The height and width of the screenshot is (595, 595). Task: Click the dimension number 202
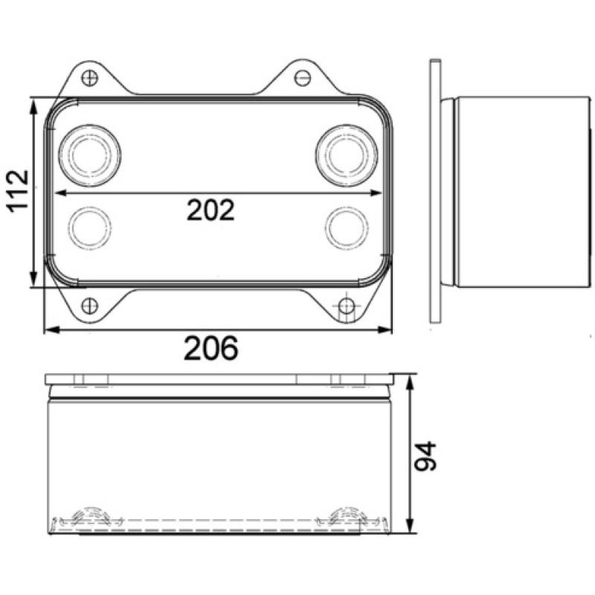[210, 210]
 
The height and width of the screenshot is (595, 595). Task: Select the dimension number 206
[212, 347]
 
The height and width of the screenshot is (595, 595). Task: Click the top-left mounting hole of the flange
[91, 76]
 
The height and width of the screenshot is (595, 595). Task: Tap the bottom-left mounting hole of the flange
[89, 305]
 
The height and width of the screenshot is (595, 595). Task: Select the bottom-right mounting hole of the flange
[347, 306]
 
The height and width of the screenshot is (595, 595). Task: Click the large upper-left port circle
[90, 155]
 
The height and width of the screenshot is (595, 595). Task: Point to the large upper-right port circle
[346, 155]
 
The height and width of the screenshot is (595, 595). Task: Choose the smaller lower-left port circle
[90, 225]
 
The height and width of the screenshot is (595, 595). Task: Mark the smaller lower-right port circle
[346, 225]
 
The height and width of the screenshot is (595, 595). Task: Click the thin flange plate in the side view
[434, 191]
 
